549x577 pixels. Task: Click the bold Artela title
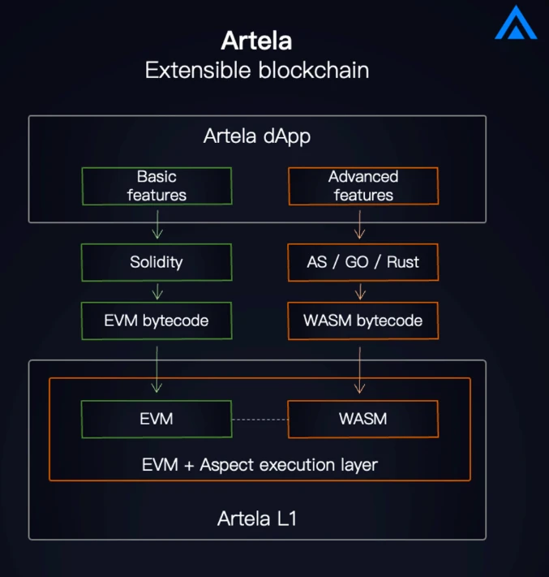[256, 41]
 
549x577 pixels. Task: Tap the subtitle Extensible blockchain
[256, 70]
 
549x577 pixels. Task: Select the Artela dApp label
[256, 136]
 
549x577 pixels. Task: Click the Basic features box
[157, 186]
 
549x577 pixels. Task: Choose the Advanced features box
[362, 186]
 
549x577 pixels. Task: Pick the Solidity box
[157, 262]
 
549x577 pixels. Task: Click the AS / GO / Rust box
[362, 262]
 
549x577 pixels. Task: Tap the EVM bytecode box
[157, 321]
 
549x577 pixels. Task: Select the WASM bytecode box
[362, 321]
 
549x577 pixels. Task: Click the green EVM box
[157, 419]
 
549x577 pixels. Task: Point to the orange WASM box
[362, 419]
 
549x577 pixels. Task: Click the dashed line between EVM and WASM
[259, 420]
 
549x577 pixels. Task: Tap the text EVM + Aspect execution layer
[259, 465]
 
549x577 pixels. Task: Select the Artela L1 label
[256, 518]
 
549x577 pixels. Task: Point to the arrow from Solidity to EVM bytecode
[157, 291]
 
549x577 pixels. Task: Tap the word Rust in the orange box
[402, 262]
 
